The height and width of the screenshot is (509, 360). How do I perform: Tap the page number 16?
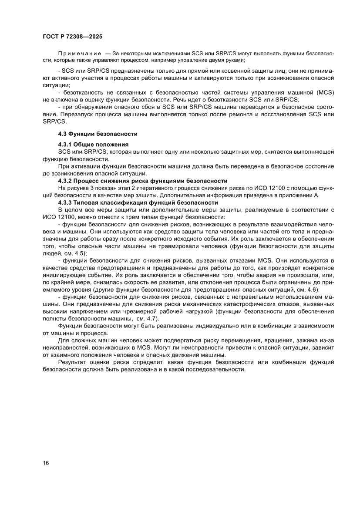coord(46,463)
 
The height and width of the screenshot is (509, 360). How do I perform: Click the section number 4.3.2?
coord(66,180)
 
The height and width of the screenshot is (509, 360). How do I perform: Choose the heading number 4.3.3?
coord(66,203)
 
